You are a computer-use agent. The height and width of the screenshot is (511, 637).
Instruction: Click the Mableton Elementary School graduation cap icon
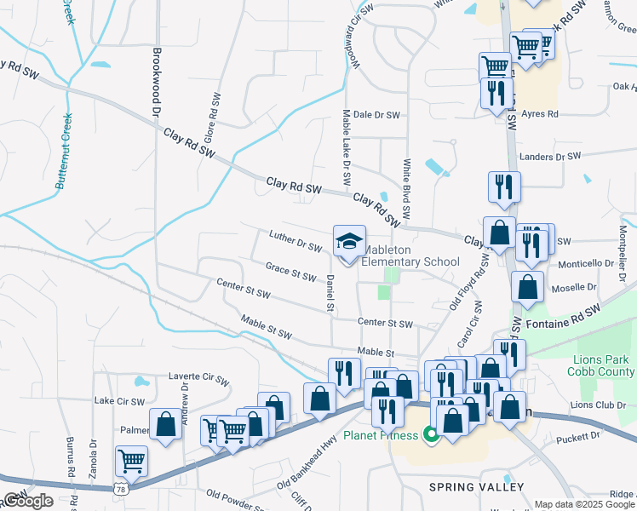(349, 243)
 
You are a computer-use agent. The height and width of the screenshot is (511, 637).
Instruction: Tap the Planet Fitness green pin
(431, 436)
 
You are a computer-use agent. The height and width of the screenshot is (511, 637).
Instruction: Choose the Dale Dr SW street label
(376, 114)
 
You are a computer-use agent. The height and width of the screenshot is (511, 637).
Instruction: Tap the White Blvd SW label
(407, 187)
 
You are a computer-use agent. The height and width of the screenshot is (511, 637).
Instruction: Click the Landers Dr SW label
(549, 157)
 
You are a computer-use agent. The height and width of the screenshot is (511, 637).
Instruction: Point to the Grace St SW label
(290, 271)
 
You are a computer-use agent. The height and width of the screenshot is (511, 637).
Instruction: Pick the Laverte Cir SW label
(198, 376)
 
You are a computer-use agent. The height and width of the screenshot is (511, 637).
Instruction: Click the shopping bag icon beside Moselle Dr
(528, 289)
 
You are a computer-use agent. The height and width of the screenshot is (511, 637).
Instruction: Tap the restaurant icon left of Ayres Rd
(496, 93)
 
